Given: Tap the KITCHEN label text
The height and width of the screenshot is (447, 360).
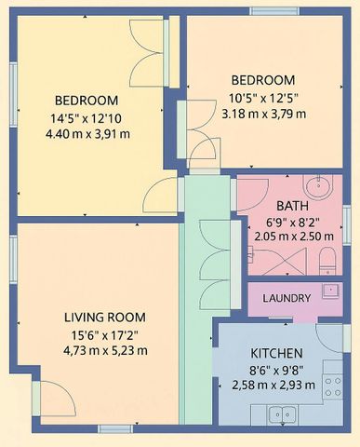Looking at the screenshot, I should click(276, 354).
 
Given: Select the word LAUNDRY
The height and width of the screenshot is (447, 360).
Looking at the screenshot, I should click(287, 298).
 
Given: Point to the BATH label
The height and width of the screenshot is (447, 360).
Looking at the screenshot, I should click(290, 206).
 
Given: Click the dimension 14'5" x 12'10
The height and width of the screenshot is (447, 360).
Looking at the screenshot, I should click(87, 117).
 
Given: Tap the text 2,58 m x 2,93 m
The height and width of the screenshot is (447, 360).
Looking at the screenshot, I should click(276, 384).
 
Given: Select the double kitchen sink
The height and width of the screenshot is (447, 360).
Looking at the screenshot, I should click(281, 413).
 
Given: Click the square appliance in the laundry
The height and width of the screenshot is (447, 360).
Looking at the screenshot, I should click(330, 290).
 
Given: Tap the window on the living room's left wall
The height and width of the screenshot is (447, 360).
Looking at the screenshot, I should click(12, 260).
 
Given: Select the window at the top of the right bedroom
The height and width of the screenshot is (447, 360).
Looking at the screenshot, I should click(276, 11).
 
